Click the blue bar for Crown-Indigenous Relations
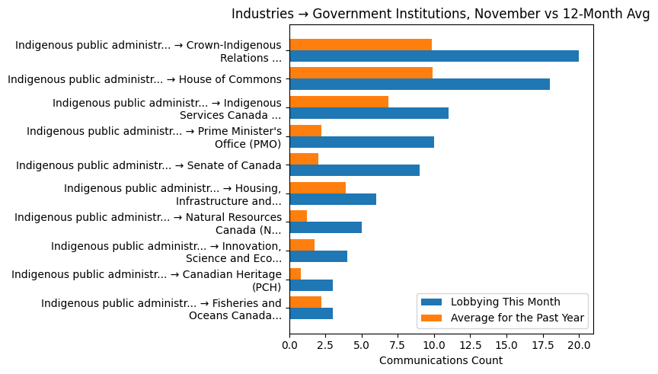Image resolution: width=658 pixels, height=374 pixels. [x=434, y=56]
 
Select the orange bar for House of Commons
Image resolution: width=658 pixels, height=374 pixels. [x=361, y=73]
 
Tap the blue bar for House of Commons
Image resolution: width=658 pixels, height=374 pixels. [x=420, y=85]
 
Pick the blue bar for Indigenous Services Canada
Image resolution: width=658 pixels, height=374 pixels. [x=369, y=113]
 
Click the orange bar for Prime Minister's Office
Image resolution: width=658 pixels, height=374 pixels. [x=305, y=130]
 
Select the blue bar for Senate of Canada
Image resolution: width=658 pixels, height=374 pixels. [x=354, y=171]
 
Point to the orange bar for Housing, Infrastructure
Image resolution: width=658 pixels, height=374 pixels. [x=318, y=187]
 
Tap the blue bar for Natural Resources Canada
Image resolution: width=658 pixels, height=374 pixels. [x=325, y=228]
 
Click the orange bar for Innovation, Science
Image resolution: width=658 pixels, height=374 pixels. [x=302, y=245]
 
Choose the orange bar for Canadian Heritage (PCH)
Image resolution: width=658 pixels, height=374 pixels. [x=295, y=273]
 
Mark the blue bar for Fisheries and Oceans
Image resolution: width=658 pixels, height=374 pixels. [x=311, y=313]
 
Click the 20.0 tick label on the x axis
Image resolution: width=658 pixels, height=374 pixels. [x=579, y=344]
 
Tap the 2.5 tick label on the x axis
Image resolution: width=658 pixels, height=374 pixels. [x=325, y=344]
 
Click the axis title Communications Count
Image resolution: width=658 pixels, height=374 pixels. [x=440, y=360]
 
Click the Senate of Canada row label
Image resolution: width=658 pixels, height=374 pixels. [x=149, y=165]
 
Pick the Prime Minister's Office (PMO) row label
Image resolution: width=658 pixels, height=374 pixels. [x=154, y=137]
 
